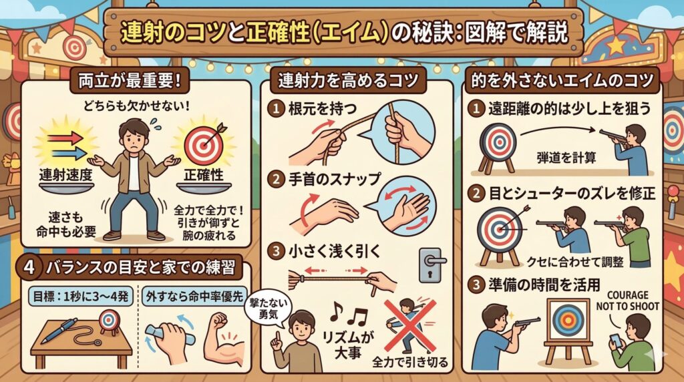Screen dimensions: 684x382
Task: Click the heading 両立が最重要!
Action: click(130, 81)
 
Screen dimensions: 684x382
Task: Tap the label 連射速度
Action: click(66, 175)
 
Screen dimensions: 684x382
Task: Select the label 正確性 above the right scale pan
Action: click(203, 175)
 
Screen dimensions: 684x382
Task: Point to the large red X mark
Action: click(409, 325)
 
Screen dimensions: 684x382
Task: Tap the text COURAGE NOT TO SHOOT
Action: click(627, 301)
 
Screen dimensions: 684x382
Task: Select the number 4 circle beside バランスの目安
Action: click(29, 266)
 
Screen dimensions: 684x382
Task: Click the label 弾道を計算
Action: click(566, 158)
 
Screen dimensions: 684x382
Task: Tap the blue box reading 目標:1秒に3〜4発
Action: click(80, 297)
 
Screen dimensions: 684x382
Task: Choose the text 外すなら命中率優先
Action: click(194, 297)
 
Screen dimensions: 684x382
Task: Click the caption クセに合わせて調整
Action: click(575, 262)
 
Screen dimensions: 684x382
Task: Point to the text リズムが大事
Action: click(348, 344)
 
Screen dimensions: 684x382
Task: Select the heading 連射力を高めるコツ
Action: click(348, 81)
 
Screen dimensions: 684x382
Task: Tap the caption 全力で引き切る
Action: click(409, 362)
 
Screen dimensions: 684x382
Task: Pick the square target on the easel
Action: click(567, 321)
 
